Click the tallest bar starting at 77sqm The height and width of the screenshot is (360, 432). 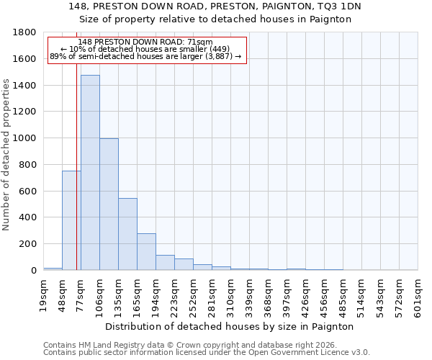coord(90,173)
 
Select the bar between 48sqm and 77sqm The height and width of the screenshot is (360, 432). coord(71,220)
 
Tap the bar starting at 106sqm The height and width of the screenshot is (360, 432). coord(109,204)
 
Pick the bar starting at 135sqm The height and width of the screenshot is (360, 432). coord(127,234)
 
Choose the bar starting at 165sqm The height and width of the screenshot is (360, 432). coord(146,252)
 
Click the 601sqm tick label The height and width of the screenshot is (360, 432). coord(418,294)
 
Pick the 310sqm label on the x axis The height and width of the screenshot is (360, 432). coord(230,294)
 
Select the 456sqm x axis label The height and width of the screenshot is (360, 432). coord(324,294)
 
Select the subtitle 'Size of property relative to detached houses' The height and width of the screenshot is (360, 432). coord(215,19)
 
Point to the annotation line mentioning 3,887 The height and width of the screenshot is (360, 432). coord(146,57)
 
